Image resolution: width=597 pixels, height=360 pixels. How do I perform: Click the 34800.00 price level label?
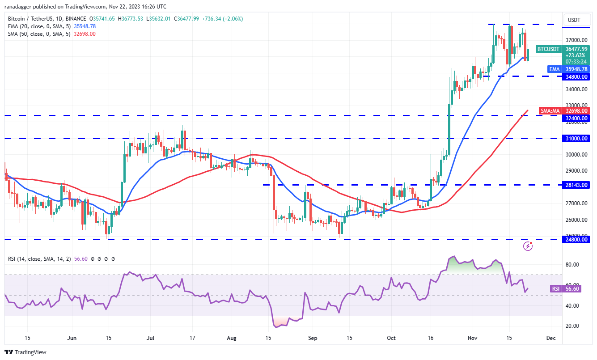point(575,76)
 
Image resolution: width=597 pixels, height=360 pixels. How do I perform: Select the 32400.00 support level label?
point(575,119)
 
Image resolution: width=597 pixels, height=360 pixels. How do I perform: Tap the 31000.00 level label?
point(575,139)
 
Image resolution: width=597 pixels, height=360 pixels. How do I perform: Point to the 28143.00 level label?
point(575,185)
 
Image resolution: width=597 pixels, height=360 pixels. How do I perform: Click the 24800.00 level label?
point(575,240)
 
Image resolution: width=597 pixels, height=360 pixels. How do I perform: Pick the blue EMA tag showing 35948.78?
point(575,69)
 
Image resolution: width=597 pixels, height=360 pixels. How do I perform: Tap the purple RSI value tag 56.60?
point(572,289)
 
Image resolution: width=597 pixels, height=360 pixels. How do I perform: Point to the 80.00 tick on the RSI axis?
point(572,265)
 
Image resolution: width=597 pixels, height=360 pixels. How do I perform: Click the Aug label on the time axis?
point(231,338)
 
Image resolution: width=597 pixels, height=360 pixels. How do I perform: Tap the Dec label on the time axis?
point(551,338)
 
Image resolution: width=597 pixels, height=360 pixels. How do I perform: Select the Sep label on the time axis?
point(313,338)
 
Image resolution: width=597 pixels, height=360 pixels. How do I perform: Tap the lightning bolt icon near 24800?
point(528,246)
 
